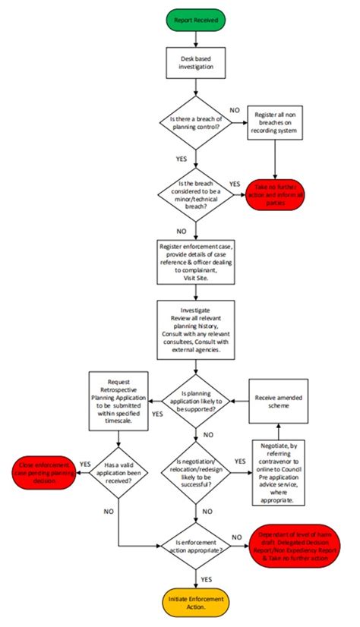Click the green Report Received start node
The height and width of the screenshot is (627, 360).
click(196, 21)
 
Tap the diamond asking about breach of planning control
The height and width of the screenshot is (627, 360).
click(196, 121)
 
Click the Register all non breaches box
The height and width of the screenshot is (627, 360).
click(275, 121)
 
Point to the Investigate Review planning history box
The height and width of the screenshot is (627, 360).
click(196, 328)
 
